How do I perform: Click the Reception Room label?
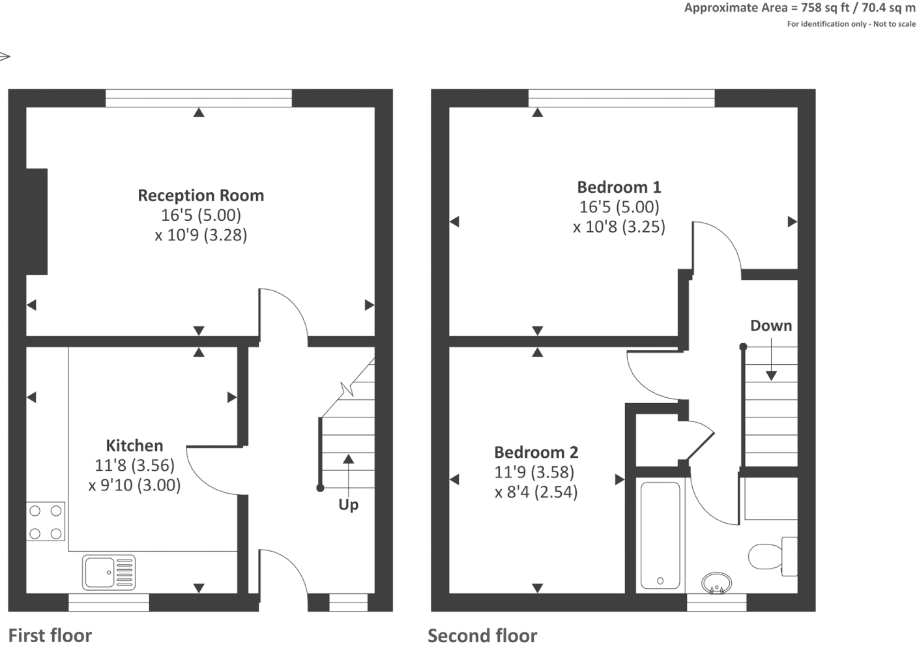(x=201, y=195)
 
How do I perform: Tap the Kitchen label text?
(x=134, y=445)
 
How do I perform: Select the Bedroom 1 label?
(x=619, y=187)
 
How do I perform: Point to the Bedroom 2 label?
(x=536, y=452)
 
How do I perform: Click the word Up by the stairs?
(x=349, y=505)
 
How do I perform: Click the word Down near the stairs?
(x=771, y=326)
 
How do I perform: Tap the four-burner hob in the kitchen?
(x=46, y=522)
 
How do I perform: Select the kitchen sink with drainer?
(x=109, y=572)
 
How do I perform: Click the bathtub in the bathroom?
(x=660, y=535)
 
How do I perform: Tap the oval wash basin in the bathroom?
(x=716, y=582)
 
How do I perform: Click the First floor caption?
(x=50, y=636)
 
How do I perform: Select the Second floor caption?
(x=482, y=636)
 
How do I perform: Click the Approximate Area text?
(x=800, y=8)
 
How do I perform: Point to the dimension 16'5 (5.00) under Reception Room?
(x=201, y=215)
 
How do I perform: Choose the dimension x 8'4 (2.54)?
(x=536, y=492)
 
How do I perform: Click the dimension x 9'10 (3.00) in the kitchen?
(x=134, y=485)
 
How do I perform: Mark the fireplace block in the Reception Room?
(x=37, y=221)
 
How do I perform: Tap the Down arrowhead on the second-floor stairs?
(x=771, y=376)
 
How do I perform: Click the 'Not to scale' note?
(x=894, y=24)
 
